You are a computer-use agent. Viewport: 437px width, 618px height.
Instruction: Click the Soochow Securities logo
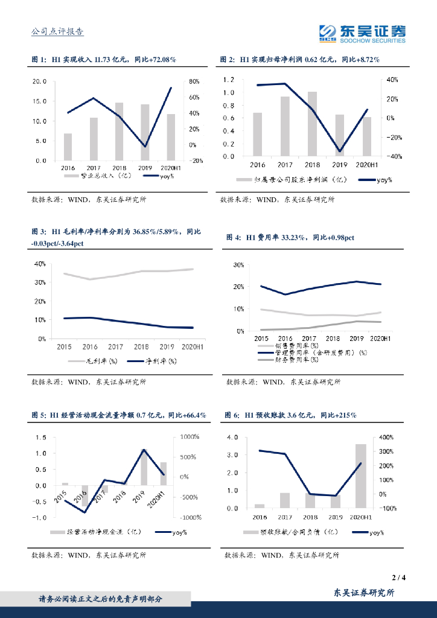tap(362, 34)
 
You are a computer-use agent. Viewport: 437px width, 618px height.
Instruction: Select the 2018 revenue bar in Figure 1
tap(119, 132)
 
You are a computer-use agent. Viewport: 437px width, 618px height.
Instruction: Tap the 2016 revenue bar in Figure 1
tap(68, 147)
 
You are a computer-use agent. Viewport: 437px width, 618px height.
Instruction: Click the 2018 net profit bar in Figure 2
tap(312, 124)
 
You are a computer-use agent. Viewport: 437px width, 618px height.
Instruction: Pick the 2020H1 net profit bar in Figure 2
tap(367, 136)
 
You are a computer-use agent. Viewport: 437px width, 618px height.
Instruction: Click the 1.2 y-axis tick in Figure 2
tap(228, 80)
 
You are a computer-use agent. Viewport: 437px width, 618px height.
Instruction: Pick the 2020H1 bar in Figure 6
tap(360, 476)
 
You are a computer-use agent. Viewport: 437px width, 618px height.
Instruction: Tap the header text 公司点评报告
tap(57, 33)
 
